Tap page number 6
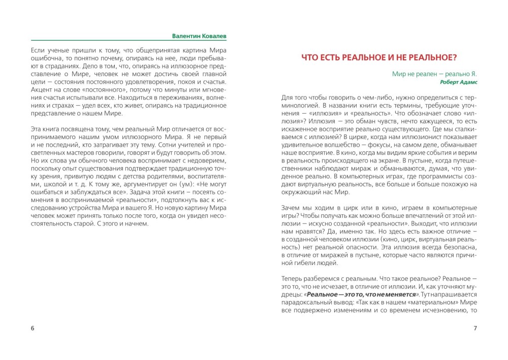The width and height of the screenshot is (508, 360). [33, 328]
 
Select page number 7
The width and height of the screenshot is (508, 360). [475, 328]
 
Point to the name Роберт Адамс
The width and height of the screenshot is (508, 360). [459, 82]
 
